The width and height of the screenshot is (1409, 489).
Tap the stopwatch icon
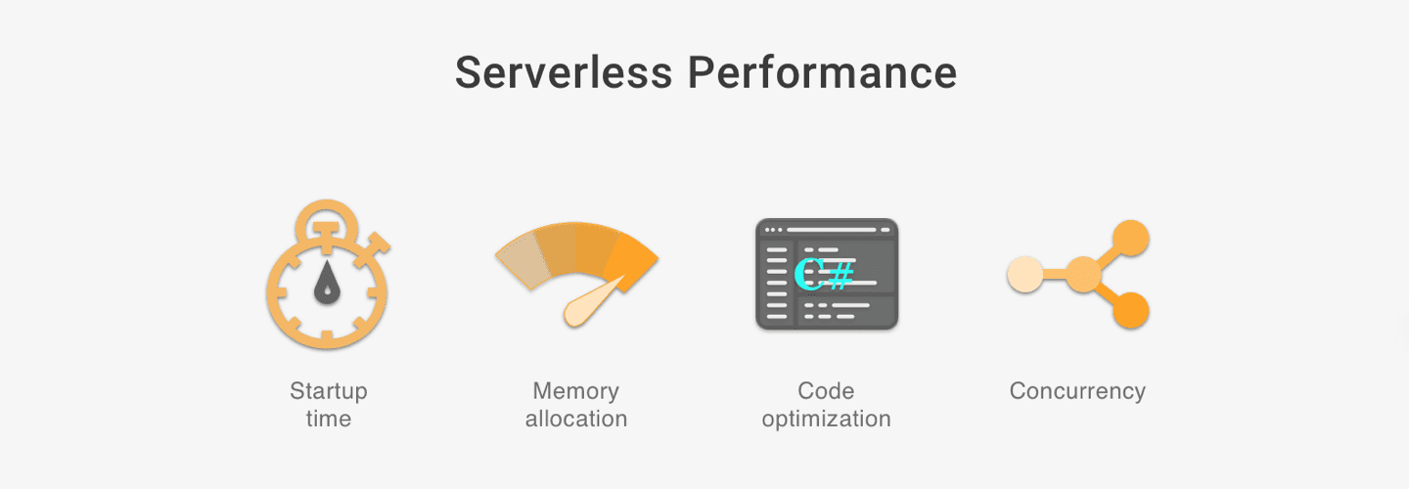point(328,279)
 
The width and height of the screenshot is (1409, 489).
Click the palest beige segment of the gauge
point(520,259)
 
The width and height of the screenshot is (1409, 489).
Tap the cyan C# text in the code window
point(824,273)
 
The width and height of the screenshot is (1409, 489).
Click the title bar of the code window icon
point(827,230)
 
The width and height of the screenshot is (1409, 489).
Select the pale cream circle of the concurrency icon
point(1025,275)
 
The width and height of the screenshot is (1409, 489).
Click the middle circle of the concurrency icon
point(1083,275)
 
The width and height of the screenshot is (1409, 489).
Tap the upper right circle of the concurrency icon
point(1131,238)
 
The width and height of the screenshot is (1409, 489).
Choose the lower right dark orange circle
point(1131,310)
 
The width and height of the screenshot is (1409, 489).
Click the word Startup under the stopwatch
point(329,391)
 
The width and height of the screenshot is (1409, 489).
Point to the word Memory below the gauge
point(575,391)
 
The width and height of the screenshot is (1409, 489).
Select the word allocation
point(575,419)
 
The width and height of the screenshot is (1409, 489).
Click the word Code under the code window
point(826,391)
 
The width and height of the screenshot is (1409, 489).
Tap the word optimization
point(826,419)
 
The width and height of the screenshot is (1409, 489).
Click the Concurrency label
point(1077,391)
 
